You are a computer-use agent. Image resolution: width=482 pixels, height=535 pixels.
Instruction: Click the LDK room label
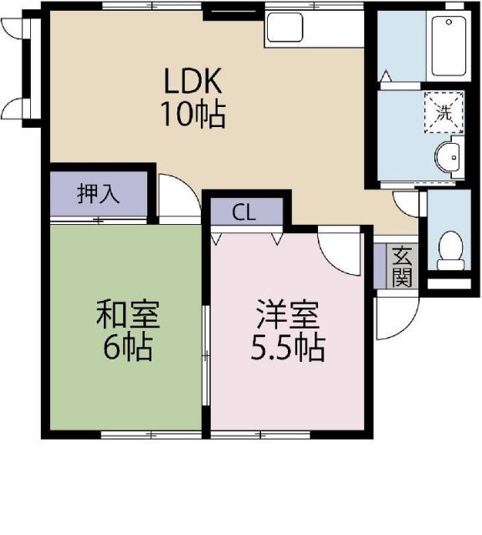click(192, 81)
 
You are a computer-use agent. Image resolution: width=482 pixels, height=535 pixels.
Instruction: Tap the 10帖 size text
click(193, 115)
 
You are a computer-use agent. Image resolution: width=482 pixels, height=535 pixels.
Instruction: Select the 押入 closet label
click(98, 195)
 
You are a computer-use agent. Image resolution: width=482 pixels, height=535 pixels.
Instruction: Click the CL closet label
click(244, 212)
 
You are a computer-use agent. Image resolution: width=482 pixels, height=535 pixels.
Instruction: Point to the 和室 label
click(127, 315)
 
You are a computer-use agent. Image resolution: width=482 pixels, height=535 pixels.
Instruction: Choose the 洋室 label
click(286, 315)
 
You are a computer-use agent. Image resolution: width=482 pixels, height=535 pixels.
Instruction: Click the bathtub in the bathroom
click(446, 46)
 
